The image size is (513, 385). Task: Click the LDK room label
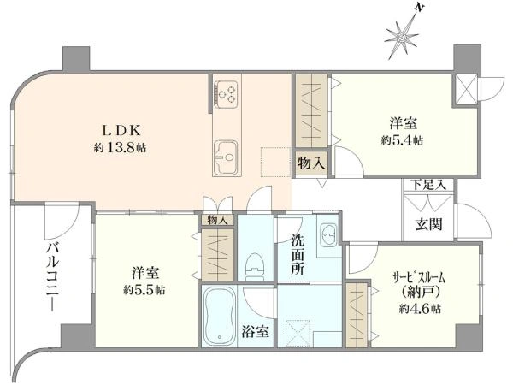(x=121, y=131)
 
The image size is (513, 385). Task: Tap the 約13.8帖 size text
(x=120, y=148)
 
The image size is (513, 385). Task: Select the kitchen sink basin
(x=226, y=158)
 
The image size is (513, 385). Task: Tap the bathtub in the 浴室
(x=219, y=317)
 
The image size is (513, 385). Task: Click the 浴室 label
(x=255, y=332)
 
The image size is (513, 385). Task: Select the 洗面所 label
(x=298, y=255)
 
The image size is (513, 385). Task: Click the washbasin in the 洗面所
(x=329, y=234)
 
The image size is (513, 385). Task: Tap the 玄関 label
(x=429, y=224)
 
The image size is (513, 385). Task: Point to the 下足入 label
(x=428, y=184)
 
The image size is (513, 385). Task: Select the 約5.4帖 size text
(x=402, y=141)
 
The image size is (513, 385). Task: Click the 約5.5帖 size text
(x=144, y=290)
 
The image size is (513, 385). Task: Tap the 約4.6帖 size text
(x=420, y=309)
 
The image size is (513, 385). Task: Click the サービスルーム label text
(x=419, y=278)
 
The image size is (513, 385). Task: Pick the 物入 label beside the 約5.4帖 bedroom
(x=311, y=163)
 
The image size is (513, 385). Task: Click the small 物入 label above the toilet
(x=217, y=221)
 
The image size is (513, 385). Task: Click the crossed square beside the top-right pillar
(x=465, y=89)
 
